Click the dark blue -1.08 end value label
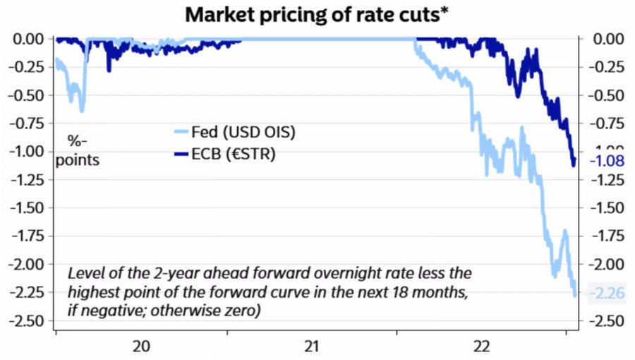tap(606, 161)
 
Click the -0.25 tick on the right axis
tap(608, 67)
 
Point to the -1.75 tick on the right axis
tap(608, 236)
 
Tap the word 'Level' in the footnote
tap(85, 272)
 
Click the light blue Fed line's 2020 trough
tap(82, 110)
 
